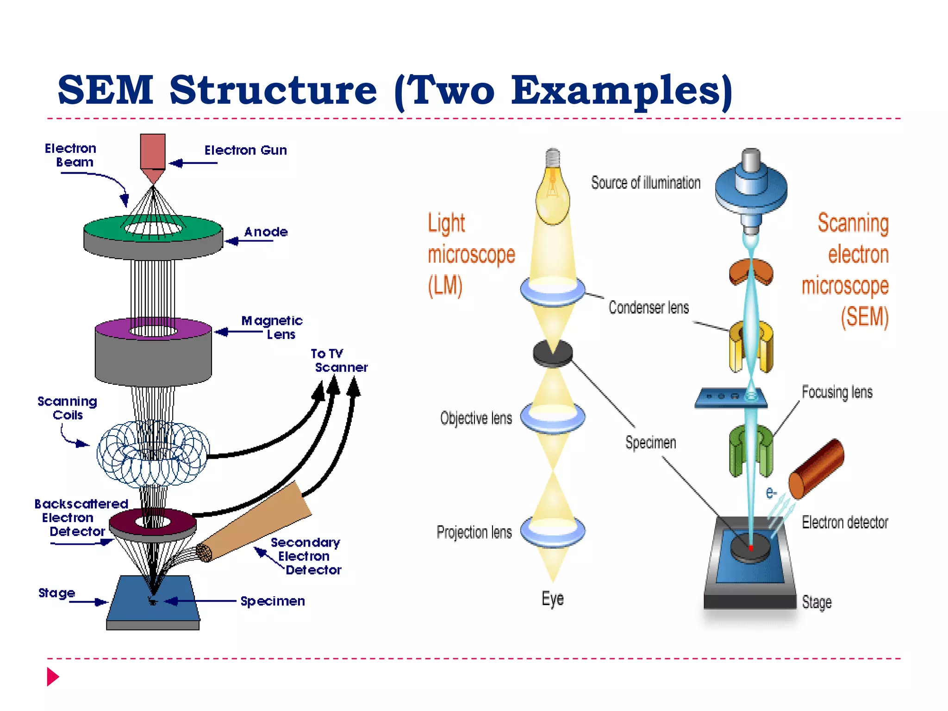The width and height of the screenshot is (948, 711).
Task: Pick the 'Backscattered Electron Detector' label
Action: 79,518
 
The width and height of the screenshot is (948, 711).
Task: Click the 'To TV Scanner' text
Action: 338,361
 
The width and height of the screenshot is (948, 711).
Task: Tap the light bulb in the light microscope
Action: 552,194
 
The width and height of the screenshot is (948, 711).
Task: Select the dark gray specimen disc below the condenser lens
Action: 553,353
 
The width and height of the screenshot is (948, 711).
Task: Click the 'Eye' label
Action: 553,599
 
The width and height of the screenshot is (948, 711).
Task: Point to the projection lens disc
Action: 553,531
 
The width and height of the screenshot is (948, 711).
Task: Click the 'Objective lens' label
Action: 476,418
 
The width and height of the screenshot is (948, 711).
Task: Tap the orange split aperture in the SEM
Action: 751,273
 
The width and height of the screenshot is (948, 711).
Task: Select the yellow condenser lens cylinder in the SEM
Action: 751,347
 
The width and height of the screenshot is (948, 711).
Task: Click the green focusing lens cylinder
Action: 751,451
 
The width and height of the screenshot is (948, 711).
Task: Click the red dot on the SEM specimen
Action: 751,548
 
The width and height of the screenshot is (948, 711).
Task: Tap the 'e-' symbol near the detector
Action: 771,493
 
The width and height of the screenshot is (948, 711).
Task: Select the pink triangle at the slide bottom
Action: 52,677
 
